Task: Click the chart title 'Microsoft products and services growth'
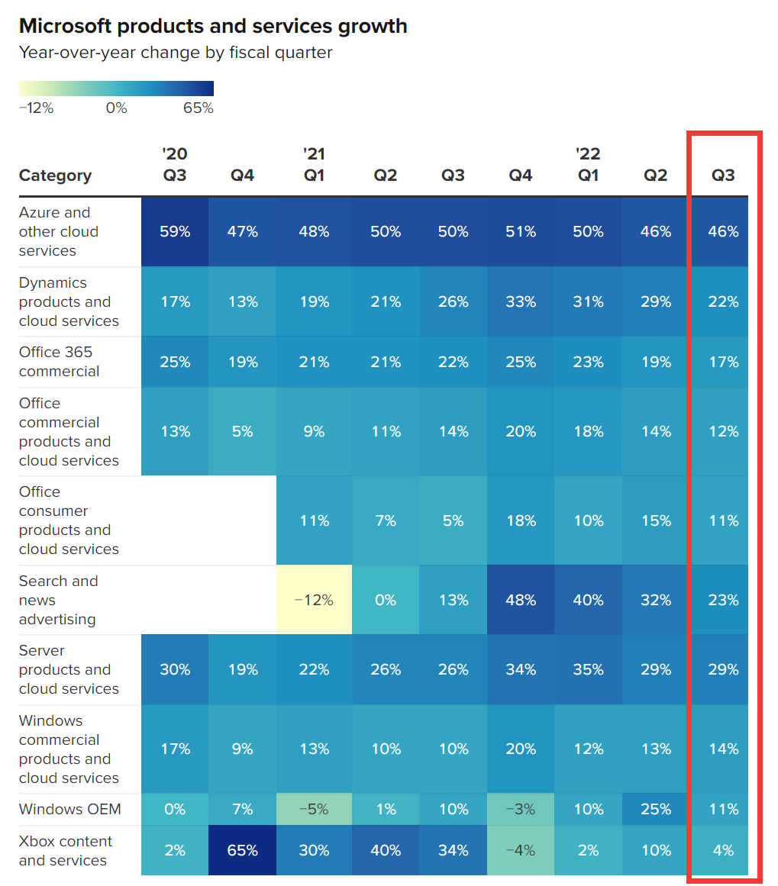(x=213, y=26)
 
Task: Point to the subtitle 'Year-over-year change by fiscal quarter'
(x=176, y=53)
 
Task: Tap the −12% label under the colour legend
(x=36, y=108)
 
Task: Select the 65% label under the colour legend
(x=199, y=108)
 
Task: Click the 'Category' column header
(x=55, y=176)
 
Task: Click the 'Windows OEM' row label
(x=69, y=809)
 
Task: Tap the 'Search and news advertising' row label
(x=58, y=600)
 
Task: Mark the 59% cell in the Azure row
(x=175, y=231)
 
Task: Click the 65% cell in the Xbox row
(x=242, y=850)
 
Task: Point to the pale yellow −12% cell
(x=314, y=600)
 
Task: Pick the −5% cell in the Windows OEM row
(x=314, y=809)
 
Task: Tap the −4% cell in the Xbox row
(x=520, y=850)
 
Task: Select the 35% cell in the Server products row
(x=588, y=669)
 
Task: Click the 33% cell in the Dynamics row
(x=520, y=301)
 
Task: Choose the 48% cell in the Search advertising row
(x=520, y=600)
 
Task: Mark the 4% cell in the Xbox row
(x=723, y=850)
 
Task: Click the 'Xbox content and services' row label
(x=66, y=850)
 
